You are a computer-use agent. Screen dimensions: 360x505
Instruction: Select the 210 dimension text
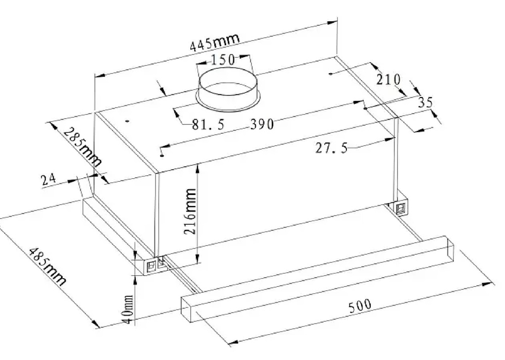(388, 79)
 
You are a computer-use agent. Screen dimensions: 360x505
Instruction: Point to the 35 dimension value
(426, 102)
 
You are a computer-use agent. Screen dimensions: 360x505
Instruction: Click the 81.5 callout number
(208, 124)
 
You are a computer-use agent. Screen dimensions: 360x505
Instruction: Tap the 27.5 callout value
(331, 148)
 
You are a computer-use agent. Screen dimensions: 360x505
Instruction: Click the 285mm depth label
(83, 146)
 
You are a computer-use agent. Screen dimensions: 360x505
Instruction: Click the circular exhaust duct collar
(228, 90)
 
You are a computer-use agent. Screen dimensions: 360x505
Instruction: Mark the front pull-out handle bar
(318, 279)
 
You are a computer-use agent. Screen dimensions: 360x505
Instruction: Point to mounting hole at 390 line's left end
(161, 156)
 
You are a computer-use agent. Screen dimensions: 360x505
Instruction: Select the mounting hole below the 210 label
(330, 74)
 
